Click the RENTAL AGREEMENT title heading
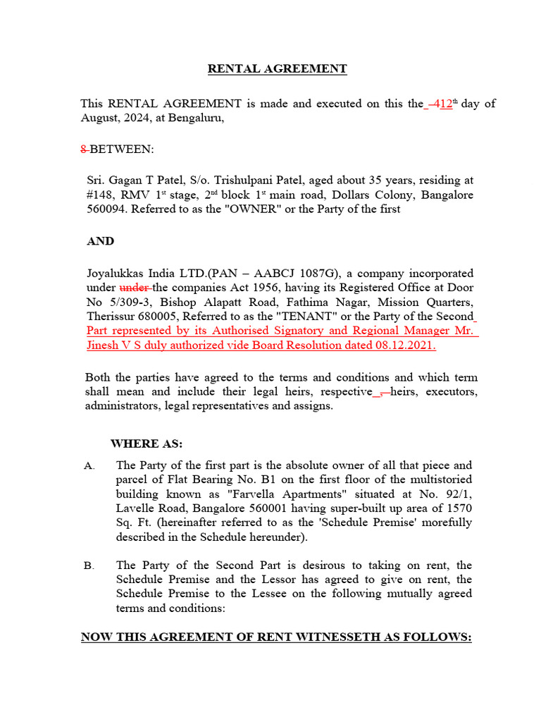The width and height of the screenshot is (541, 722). pyautogui.click(x=277, y=68)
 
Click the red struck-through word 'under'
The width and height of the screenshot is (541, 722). pyautogui.click(x=134, y=288)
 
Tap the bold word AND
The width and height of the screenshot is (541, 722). pyautogui.click(x=100, y=241)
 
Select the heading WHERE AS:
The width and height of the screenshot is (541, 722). pyautogui.click(x=147, y=443)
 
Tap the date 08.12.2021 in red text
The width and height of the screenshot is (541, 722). pyautogui.click(x=406, y=345)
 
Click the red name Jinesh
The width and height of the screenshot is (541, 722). pyautogui.click(x=104, y=345)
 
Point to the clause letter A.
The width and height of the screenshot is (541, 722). pyautogui.click(x=88, y=466)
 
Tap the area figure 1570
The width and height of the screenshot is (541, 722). pyautogui.click(x=458, y=508)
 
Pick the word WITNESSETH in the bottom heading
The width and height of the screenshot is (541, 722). pyautogui.click(x=336, y=637)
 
